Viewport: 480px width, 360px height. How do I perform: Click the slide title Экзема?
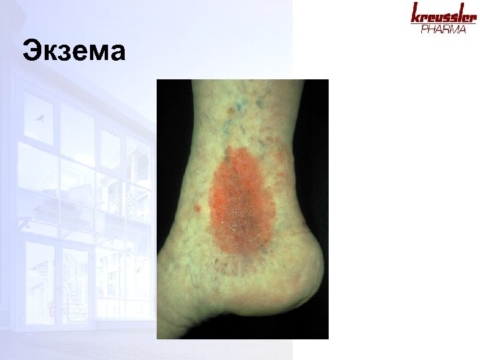tap(73, 50)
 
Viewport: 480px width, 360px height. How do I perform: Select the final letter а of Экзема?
tap(117, 52)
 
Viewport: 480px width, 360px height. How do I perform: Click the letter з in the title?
tap(64, 52)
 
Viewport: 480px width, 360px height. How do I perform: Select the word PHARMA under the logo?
tap(443, 30)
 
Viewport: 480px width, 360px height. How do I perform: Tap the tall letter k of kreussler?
tap(415, 13)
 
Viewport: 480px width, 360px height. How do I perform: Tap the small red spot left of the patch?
tap(197, 209)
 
